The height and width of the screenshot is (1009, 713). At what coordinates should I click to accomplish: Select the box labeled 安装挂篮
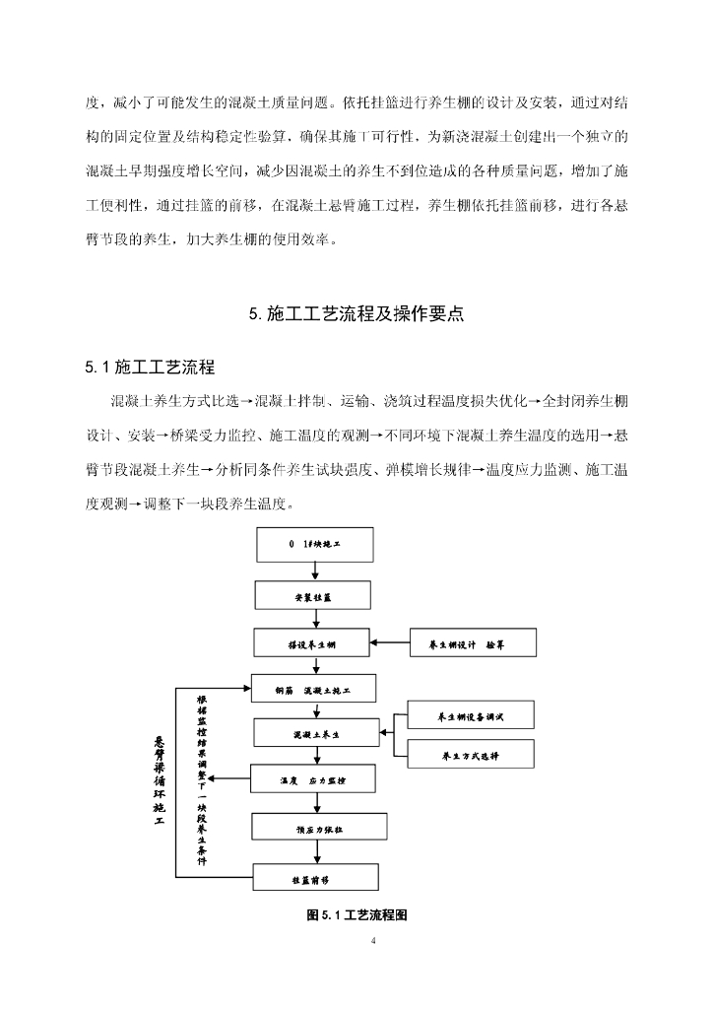click(x=313, y=595)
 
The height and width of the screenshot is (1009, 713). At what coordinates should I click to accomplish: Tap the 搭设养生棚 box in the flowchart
click(x=313, y=645)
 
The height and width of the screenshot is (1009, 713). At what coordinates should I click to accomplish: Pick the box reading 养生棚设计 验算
click(x=474, y=645)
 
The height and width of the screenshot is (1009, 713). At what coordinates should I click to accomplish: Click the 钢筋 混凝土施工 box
click(x=313, y=691)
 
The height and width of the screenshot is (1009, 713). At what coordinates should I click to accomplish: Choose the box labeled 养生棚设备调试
click(x=470, y=715)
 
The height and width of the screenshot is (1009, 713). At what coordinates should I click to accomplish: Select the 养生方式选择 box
click(x=470, y=756)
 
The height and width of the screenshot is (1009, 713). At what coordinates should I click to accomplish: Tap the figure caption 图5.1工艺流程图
click(x=357, y=914)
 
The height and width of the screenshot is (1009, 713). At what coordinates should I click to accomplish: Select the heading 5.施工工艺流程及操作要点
click(x=356, y=315)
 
